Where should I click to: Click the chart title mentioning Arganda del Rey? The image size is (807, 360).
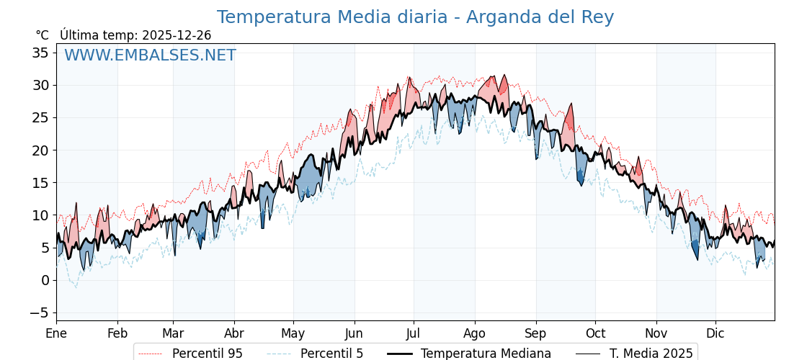[415, 17]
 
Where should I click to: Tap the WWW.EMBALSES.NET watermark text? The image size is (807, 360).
[150, 55]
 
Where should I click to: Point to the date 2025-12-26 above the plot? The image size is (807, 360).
[177, 35]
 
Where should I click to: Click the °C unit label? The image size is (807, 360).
[42, 35]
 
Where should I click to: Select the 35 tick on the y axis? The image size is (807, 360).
[40, 53]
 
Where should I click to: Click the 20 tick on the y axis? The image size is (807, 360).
[40, 150]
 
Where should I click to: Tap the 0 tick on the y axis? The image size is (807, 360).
[45, 280]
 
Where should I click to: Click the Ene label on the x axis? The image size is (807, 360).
[56, 334]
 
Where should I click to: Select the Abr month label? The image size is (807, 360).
[233, 334]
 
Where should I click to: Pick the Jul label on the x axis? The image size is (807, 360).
[414, 334]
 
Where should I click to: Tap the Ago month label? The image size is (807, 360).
[474, 334]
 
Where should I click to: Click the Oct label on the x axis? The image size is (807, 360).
[595, 334]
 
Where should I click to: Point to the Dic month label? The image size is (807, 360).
[715, 334]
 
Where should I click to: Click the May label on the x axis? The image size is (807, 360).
[293, 334]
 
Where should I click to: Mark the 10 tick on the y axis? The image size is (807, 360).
[40, 215]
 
